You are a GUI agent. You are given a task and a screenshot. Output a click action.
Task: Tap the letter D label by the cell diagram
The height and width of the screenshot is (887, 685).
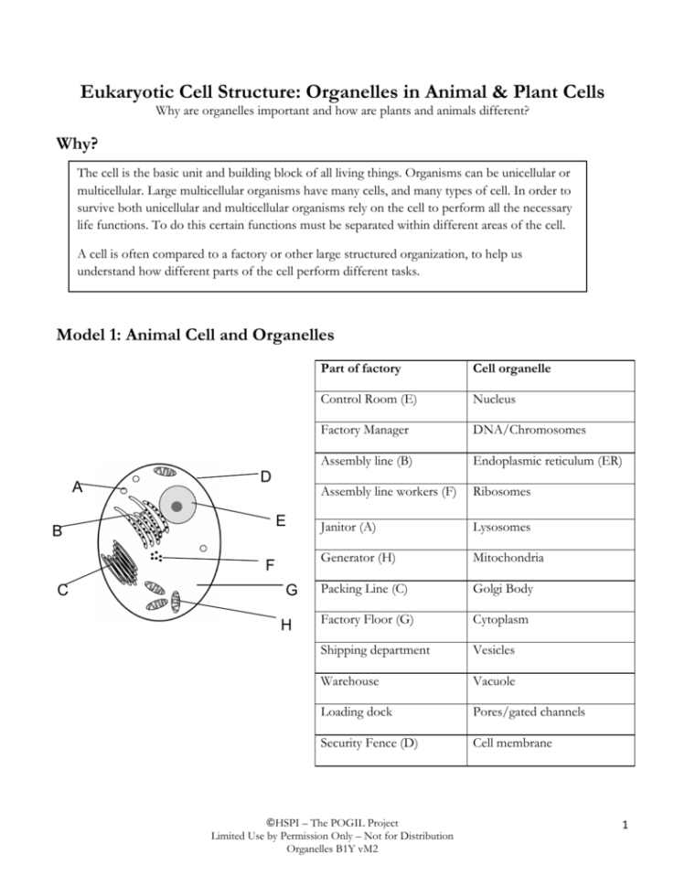[265, 476]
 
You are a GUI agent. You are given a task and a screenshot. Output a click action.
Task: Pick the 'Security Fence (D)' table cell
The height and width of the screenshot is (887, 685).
[369, 743]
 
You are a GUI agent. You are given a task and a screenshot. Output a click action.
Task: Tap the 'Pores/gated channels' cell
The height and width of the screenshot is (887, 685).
[530, 712]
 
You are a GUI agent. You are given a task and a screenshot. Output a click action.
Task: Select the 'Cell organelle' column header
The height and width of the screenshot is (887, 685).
[512, 368]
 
